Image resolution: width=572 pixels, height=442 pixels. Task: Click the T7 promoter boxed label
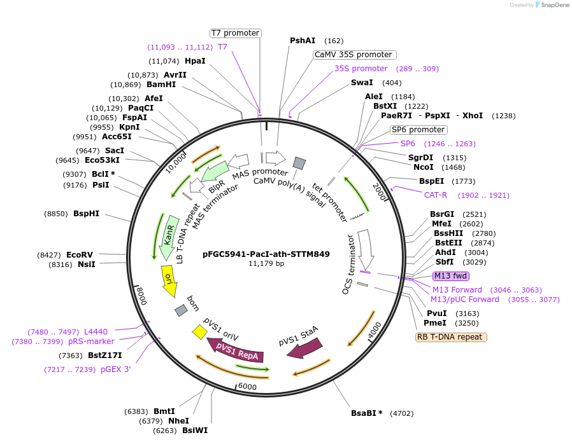coord(236,33)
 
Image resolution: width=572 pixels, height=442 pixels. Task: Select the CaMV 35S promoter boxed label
coord(354,55)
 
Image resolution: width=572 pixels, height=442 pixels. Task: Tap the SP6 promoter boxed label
coord(418,130)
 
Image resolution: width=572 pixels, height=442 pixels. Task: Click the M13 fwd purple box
coord(451,276)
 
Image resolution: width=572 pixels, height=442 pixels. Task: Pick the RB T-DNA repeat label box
coord(451,337)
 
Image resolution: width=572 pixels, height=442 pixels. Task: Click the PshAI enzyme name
coord(303,41)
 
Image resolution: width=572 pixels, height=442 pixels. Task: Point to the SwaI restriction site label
coord(362,83)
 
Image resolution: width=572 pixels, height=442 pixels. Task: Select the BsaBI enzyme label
coord(363,413)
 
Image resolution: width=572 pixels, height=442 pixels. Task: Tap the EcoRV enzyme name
coord(80,254)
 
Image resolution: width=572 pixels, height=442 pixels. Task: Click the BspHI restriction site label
coord(86,214)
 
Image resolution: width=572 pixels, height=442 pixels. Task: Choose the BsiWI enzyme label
coord(195,431)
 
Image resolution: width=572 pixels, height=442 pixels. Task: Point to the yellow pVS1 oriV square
coord(199,331)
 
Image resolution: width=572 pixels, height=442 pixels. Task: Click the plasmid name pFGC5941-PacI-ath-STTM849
coord(266,254)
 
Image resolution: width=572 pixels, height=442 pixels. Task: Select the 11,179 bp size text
coord(266,264)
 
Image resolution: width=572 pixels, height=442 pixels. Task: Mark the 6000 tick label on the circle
coord(247,387)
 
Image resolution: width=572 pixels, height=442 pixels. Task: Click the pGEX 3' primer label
coord(115,369)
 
